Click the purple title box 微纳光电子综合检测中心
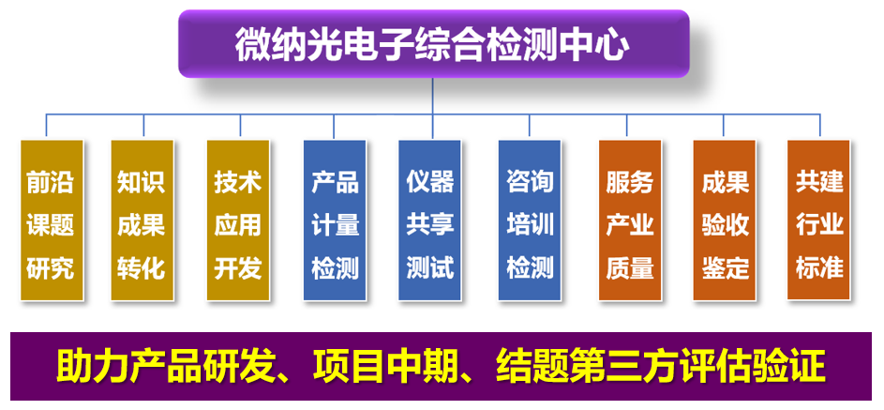click(x=433, y=43)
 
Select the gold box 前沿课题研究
click(x=52, y=220)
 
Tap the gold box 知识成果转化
click(x=142, y=220)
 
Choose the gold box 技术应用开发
click(x=238, y=220)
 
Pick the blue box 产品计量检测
click(x=335, y=220)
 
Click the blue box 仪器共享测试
click(x=429, y=220)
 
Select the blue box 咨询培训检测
click(x=530, y=220)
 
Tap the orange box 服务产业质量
click(x=630, y=220)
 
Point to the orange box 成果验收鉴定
click(x=725, y=220)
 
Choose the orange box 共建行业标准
click(x=818, y=220)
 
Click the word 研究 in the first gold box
click(x=51, y=268)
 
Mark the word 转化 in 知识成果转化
click(x=142, y=268)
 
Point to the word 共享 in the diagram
click(x=429, y=225)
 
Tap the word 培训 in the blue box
click(x=530, y=225)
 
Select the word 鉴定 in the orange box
click(x=725, y=268)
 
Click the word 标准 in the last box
click(x=819, y=268)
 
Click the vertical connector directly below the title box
click(x=433, y=96)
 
